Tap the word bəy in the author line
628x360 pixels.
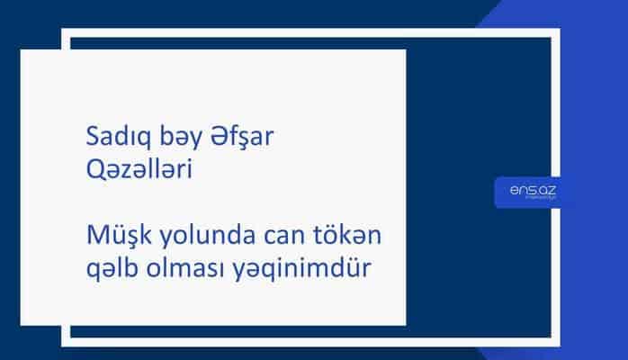(x=169, y=141)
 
